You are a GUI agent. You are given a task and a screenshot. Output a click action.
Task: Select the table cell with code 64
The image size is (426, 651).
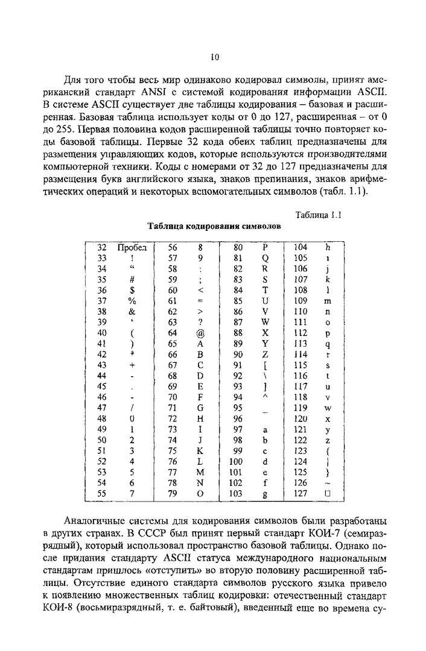[173, 332]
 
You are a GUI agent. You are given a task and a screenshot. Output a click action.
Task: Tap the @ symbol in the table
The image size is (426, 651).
[200, 332]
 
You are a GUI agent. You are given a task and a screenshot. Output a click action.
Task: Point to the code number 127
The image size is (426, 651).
[300, 494]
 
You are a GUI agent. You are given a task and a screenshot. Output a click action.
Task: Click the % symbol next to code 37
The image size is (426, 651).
[132, 301]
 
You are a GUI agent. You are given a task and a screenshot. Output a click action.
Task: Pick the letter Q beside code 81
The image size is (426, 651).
[265, 258]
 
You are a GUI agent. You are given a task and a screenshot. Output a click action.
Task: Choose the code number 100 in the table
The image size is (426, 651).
[237, 462]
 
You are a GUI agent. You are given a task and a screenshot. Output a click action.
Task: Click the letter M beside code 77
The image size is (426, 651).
[200, 473]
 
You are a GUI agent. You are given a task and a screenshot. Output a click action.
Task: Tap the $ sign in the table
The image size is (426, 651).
[132, 290]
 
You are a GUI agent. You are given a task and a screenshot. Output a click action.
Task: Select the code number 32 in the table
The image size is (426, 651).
[102, 247]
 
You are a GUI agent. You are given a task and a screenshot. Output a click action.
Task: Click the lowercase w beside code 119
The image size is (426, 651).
[328, 408]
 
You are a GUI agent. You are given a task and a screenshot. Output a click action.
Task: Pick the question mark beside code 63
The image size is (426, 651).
[200, 322]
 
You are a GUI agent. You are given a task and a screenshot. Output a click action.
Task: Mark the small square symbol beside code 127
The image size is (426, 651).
[328, 494]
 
